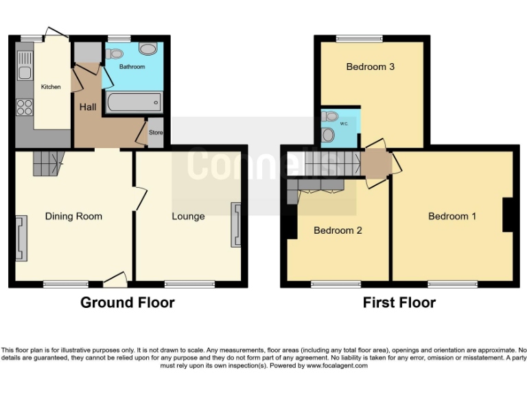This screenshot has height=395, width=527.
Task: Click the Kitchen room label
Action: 51,87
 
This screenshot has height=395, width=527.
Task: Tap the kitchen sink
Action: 25,66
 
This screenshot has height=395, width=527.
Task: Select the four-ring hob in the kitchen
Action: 25,107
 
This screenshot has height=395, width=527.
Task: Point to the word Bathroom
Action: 132,67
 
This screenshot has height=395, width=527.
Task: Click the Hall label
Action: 88,107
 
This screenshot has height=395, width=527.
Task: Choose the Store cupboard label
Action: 156,132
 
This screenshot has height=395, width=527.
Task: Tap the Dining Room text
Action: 73,216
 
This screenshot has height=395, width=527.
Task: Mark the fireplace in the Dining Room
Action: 21,239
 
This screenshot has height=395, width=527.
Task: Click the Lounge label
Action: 188,216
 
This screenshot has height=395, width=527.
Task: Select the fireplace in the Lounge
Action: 236,224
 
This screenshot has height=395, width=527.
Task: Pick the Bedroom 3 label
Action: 370,67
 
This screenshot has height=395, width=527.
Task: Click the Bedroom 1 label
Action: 452,216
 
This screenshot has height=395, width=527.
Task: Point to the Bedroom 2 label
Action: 338,230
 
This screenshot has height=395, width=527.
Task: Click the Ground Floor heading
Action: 128,302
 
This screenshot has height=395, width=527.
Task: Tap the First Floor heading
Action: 400,302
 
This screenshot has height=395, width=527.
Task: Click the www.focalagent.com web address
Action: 337,366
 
